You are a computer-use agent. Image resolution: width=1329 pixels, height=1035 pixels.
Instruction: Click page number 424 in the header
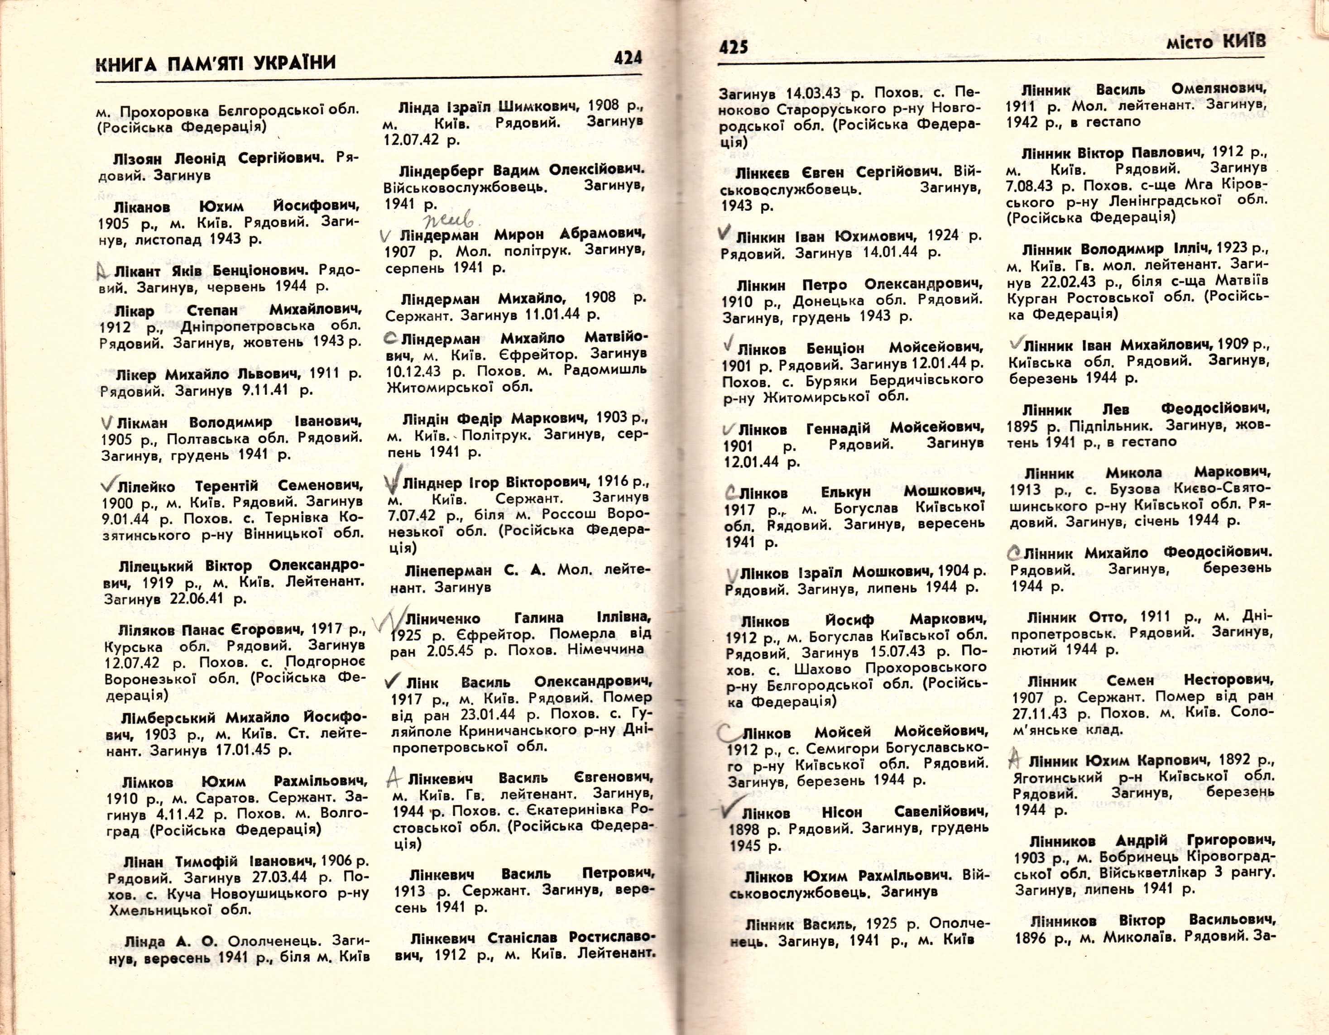point(628,58)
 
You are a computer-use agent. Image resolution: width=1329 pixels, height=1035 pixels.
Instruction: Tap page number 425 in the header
point(733,47)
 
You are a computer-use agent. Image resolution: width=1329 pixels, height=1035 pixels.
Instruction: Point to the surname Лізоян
point(138,160)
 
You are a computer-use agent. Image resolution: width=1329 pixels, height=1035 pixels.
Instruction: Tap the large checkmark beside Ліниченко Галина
point(389,621)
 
